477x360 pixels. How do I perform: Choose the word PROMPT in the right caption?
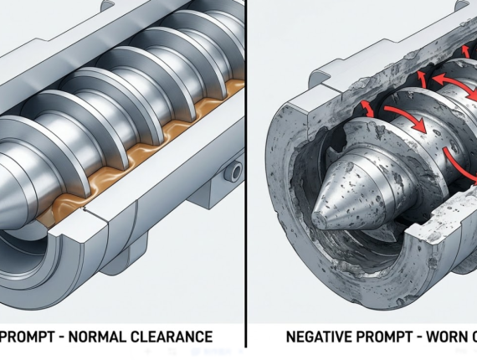[x=384, y=338]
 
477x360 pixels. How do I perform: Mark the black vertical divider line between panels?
[x=247, y=167]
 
